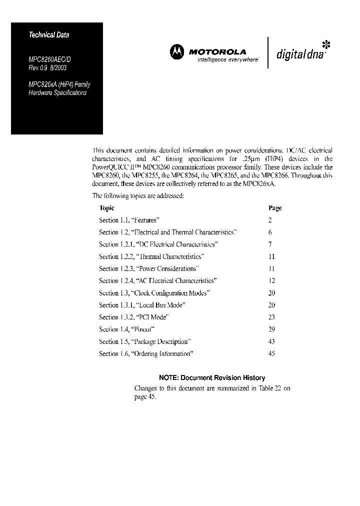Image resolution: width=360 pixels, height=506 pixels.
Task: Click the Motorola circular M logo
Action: (x=176, y=51)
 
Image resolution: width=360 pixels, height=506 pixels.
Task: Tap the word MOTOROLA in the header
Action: (x=217, y=51)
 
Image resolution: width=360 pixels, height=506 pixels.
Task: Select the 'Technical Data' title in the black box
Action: (x=49, y=35)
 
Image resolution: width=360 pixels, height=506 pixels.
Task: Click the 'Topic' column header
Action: (x=106, y=208)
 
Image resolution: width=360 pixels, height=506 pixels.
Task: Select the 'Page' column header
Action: (x=275, y=208)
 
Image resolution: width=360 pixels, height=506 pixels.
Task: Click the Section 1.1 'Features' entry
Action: (x=129, y=220)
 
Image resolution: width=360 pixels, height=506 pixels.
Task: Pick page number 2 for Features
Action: (x=270, y=220)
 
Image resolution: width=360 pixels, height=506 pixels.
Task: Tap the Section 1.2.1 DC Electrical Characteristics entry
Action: (x=158, y=244)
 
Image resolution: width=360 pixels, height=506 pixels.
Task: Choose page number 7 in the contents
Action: (x=270, y=244)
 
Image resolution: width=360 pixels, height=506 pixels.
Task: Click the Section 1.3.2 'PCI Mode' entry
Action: (x=133, y=317)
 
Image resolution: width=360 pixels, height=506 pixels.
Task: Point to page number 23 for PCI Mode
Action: (x=271, y=317)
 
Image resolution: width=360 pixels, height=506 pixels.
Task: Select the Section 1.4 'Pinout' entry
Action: (x=126, y=329)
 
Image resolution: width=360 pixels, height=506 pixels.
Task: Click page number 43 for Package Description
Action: (x=271, y=341)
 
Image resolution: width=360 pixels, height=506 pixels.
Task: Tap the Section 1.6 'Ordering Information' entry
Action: (x=146, y=353)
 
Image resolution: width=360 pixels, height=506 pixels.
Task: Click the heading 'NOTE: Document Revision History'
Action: (x=212, y=378)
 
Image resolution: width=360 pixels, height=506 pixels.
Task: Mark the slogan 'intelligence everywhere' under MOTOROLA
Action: (x=228, y=59)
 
